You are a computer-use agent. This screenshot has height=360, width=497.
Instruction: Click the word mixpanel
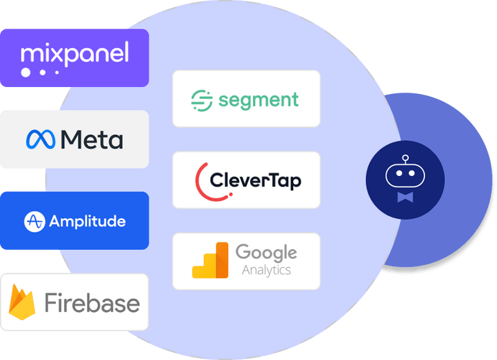point(75,53)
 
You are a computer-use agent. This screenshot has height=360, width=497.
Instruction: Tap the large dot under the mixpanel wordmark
point(26,73)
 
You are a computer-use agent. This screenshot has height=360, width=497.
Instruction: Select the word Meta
point(92,139)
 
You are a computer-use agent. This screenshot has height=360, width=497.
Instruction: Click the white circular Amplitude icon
point(34,221)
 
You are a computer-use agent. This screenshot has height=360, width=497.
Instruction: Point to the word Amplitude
point(87,221)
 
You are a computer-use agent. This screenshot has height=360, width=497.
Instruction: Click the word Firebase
point(92,303)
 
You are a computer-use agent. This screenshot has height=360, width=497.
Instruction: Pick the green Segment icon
point(202,99)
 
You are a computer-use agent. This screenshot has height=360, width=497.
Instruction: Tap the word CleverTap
point(255,180)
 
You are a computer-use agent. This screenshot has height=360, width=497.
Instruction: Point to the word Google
point(266,252)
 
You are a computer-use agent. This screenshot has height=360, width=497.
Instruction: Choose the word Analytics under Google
point(266,270)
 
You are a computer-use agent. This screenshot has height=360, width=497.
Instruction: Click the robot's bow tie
point(405,197)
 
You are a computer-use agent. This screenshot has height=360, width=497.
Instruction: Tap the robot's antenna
point(405,160)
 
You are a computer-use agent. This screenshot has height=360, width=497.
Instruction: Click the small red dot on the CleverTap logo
point(231,193)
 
